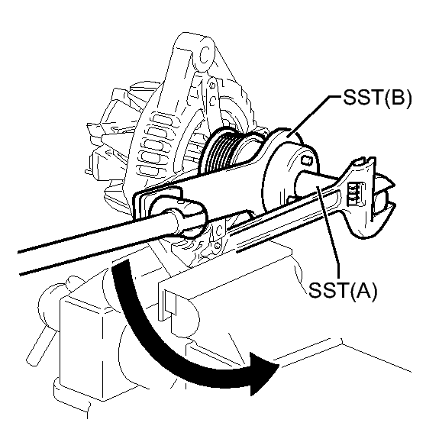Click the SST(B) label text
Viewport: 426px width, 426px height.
tap(377, 99)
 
